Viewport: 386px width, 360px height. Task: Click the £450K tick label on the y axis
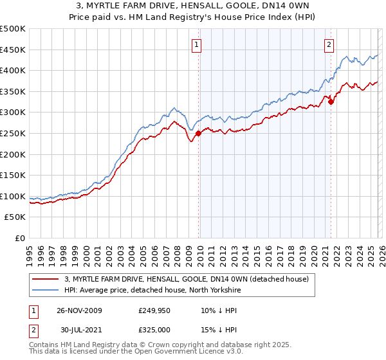[13, 50]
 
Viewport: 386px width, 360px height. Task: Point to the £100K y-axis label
[13, 196]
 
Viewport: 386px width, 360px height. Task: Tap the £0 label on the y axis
[21, 238]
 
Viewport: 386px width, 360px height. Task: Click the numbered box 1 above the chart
[196, 44]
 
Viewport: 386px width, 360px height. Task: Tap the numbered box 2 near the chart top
[329, 44]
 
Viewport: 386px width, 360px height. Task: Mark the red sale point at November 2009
[198, 133]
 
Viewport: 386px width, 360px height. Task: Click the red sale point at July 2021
[331, 102]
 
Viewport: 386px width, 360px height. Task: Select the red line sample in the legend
[46, 279]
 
